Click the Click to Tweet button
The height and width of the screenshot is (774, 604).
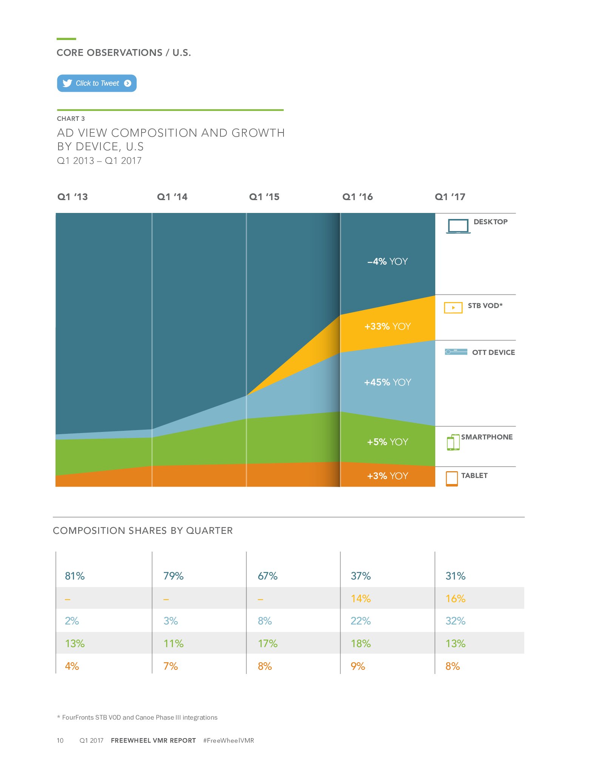pos(97,83)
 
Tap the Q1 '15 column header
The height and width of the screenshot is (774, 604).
pos(264,197)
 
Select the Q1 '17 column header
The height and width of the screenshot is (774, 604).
pos(450,197)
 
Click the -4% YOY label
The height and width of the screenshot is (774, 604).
pos(388,261)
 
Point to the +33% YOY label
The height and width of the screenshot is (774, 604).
pos(388,326)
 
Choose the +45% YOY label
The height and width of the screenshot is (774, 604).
pos(388,382)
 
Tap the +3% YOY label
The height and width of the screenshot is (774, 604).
pos(388,476)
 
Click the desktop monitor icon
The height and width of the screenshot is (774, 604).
pos(458,226)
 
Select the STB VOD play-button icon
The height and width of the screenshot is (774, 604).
pos(453,308)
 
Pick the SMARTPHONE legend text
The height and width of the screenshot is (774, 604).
pos(487,437)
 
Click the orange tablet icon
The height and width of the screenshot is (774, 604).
pos(452,478)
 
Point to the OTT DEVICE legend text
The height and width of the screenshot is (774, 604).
pos(493,352)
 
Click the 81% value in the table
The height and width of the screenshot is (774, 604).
pos(75,576)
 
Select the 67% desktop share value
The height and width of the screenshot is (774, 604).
pos(268,576)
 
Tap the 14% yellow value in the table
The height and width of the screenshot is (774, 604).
pos(361,598)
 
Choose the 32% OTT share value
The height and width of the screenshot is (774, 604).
pos(455,621)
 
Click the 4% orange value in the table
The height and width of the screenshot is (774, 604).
pos(72,666)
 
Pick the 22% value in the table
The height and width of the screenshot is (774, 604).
pos(361,621)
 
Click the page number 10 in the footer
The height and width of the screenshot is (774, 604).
pos(60,740)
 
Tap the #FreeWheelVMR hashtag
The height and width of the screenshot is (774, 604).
pos(228,740)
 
